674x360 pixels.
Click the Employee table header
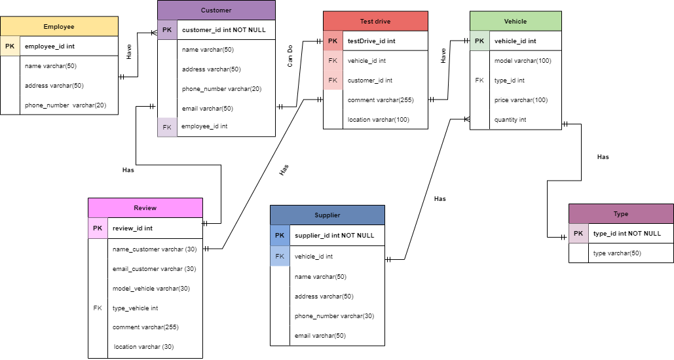pos(59,27)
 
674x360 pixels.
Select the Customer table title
pos(216,10)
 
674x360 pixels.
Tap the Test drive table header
pos(375,21)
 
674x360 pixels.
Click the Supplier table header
pos(327,215)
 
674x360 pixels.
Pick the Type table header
pos(620,214)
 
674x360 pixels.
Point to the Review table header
pos(145,207)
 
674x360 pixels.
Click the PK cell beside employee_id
pos(10,46)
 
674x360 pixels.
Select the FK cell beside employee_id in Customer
pos(167,126)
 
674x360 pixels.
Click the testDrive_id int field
pos(371,41)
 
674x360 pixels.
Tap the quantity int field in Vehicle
pos(510,120)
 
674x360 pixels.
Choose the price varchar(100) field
pos(522,100)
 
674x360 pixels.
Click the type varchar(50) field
pos(616,253)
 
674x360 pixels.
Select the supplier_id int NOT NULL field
pos(334,235)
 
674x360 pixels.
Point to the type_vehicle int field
pos(136,308)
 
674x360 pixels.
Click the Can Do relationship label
pos(290,56)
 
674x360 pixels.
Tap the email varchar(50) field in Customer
pos(208,108)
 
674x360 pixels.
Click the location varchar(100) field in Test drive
pos(378,119)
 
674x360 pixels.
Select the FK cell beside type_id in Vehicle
pos(479,81)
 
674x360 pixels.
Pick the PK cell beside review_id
pos(98,228)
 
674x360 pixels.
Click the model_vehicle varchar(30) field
pos(151,288)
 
